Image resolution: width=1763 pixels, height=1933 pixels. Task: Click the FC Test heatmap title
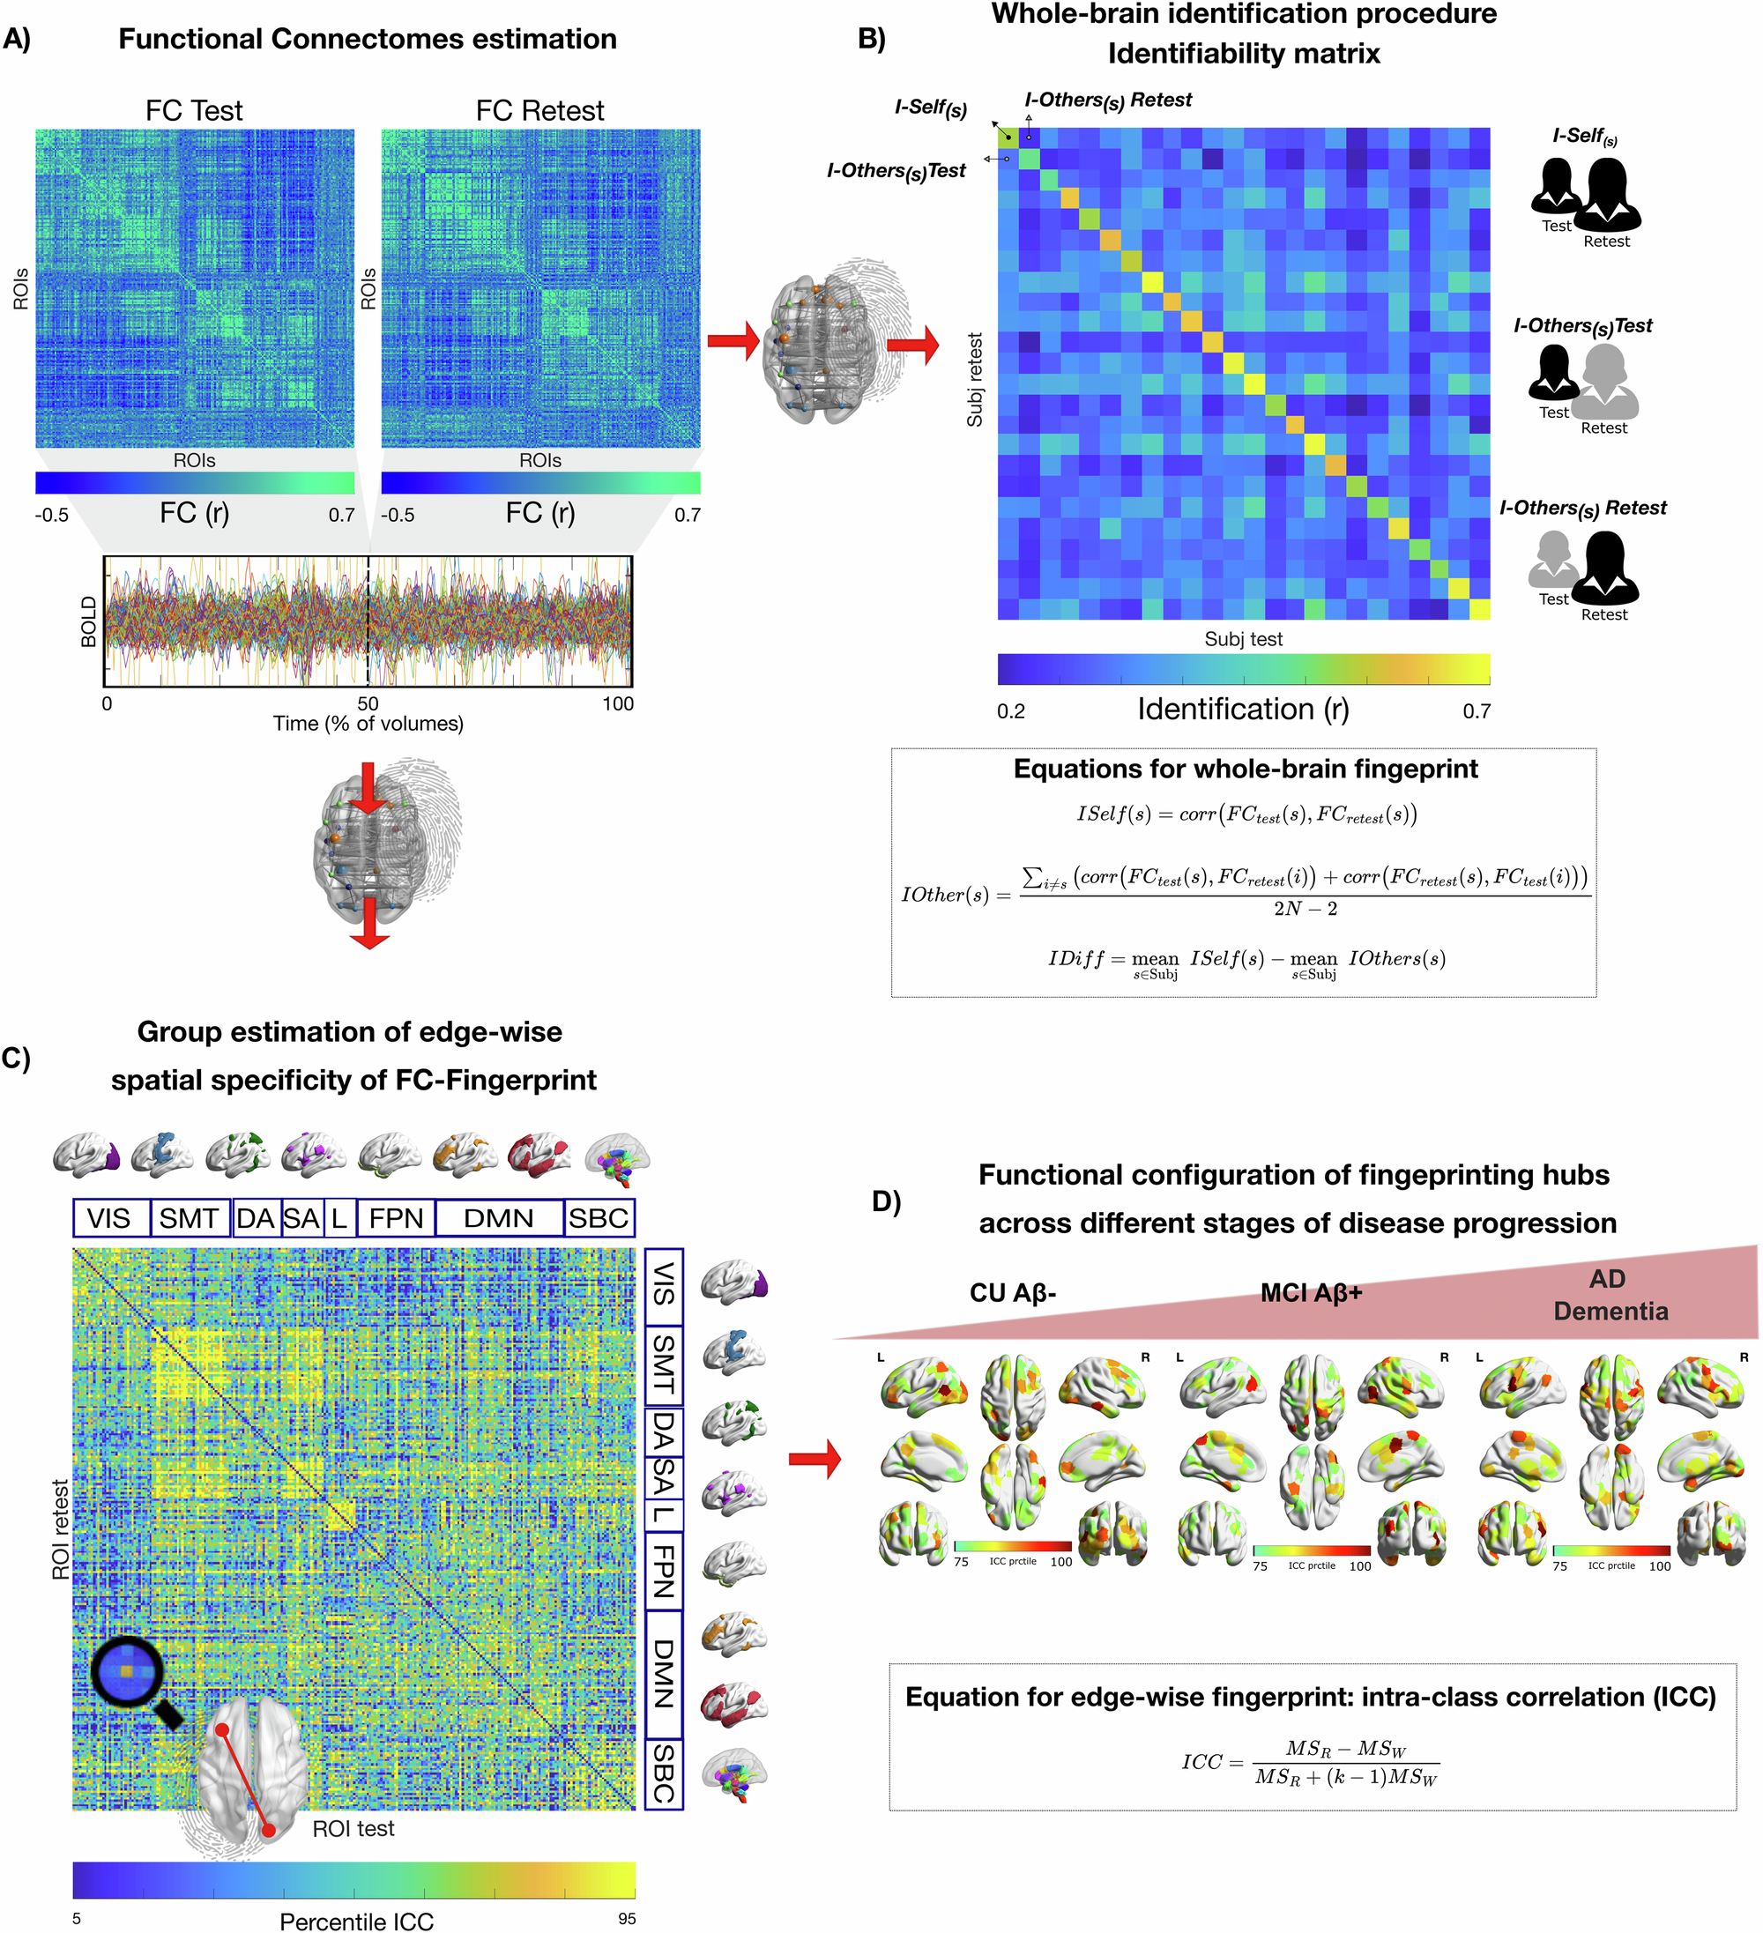[x=194, y=110]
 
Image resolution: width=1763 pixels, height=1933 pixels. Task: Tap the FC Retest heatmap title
[x=539, y=110]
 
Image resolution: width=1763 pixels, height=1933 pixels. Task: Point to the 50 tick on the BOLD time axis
[x=368, y=703]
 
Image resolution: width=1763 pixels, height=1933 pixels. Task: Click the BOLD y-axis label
[x=89, y=621]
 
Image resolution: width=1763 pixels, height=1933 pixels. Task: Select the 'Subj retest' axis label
[x=975, y=380]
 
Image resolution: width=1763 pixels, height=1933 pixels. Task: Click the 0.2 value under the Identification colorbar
[x=1010, y=710]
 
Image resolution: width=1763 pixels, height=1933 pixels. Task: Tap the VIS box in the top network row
[x=109, y=1218]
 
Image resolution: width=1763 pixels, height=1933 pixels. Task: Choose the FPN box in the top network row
[x=396, y=1218]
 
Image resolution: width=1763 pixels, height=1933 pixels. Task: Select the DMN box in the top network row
[x=499, y=1218]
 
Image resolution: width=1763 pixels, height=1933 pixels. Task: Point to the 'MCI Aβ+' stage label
[x=1311, y=1292]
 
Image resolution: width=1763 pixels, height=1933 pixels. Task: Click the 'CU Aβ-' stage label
[x=1012, y=1292]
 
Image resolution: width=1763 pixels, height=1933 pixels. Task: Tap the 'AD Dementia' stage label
[x=1610, y=1295]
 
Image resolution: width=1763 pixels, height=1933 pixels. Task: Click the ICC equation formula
[x=1311, y=1762]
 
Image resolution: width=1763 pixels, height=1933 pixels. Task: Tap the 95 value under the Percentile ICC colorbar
[x=626, y=1919]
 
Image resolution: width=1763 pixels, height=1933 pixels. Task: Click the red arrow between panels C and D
[x=814, y=1460]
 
